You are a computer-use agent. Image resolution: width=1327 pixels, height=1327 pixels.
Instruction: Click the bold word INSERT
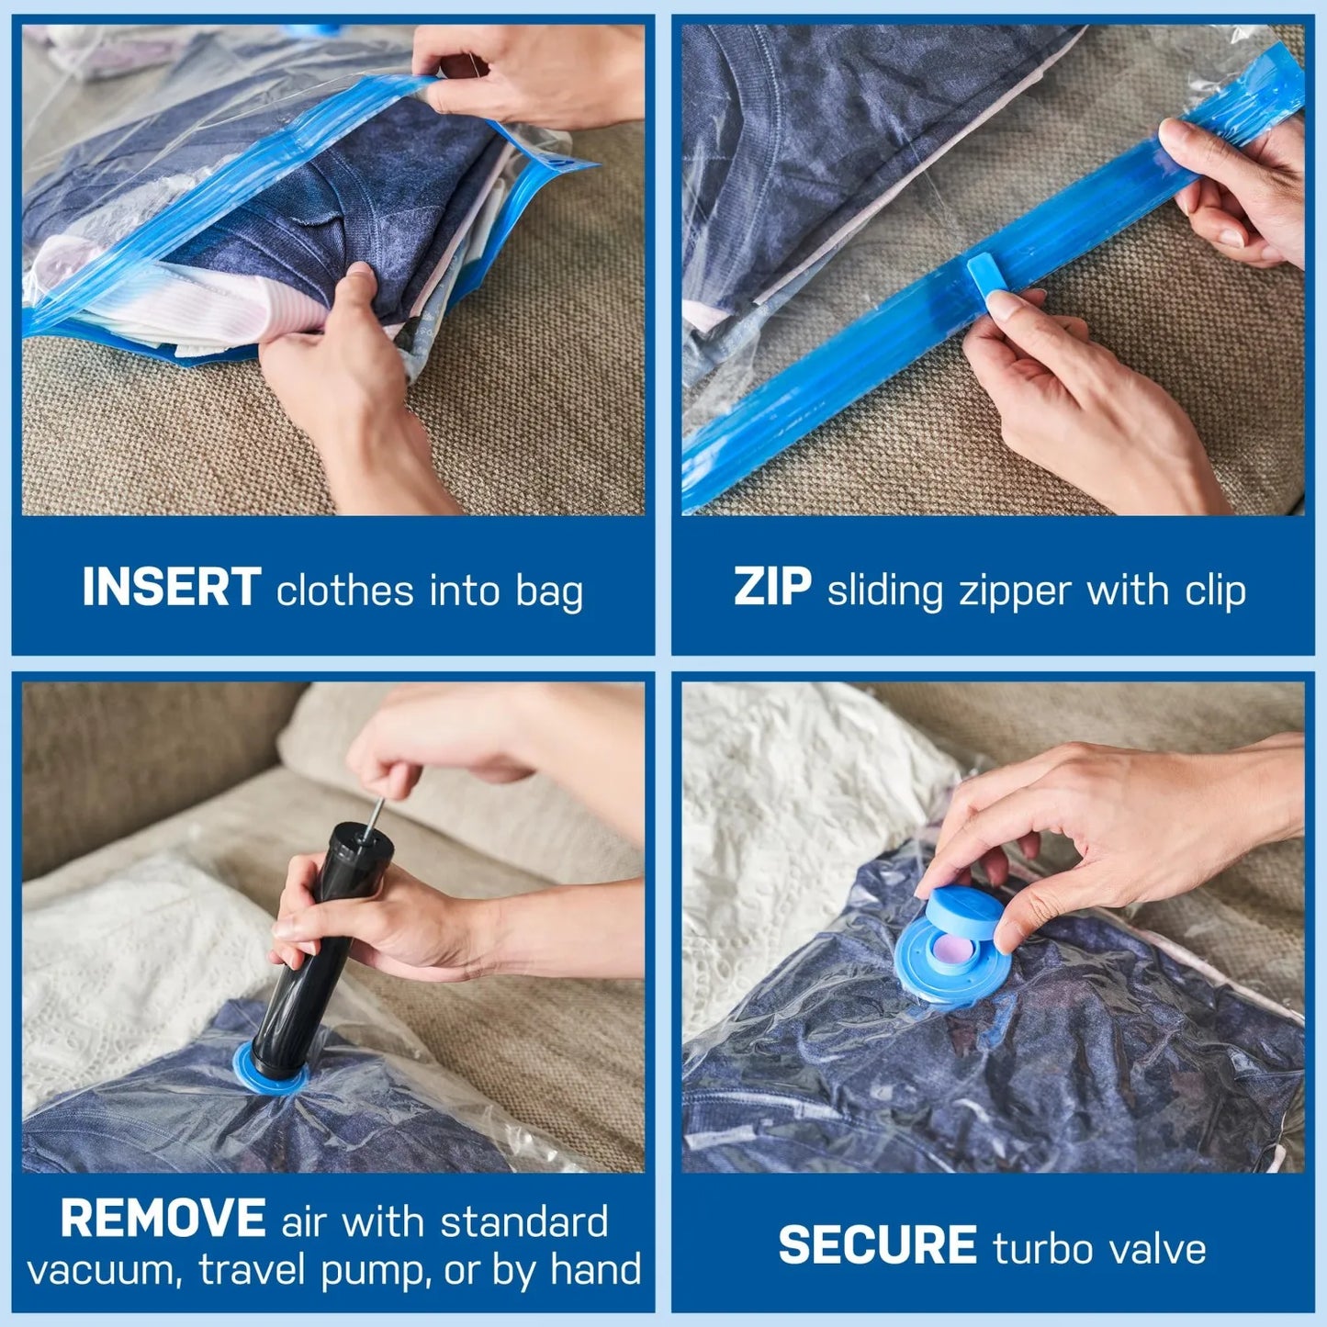(x=171, y=588)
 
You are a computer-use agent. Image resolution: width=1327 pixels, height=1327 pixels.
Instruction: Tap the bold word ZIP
(x=771, y=588)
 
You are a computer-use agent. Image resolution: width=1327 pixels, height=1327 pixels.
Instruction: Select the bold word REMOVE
(x=163, y=1220)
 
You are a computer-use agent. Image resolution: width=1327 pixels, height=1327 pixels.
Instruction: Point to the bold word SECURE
(x=877, y=1246)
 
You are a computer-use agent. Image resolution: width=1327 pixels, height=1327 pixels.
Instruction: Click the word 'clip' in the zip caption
(x=1215, y=590)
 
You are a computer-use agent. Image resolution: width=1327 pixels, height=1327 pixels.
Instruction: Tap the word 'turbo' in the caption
(x=1043, y=1249)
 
